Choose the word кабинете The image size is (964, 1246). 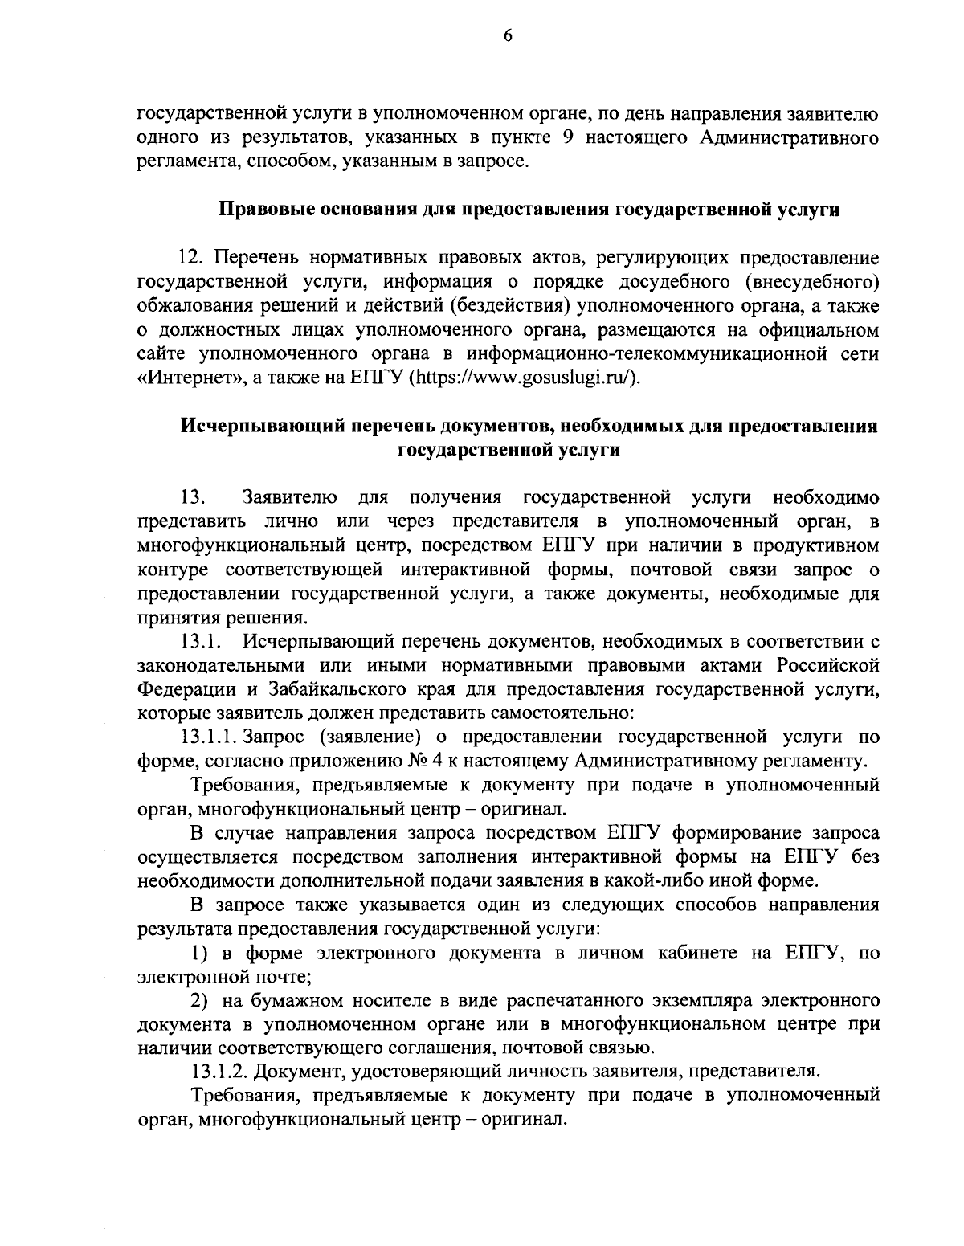(693, 953)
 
